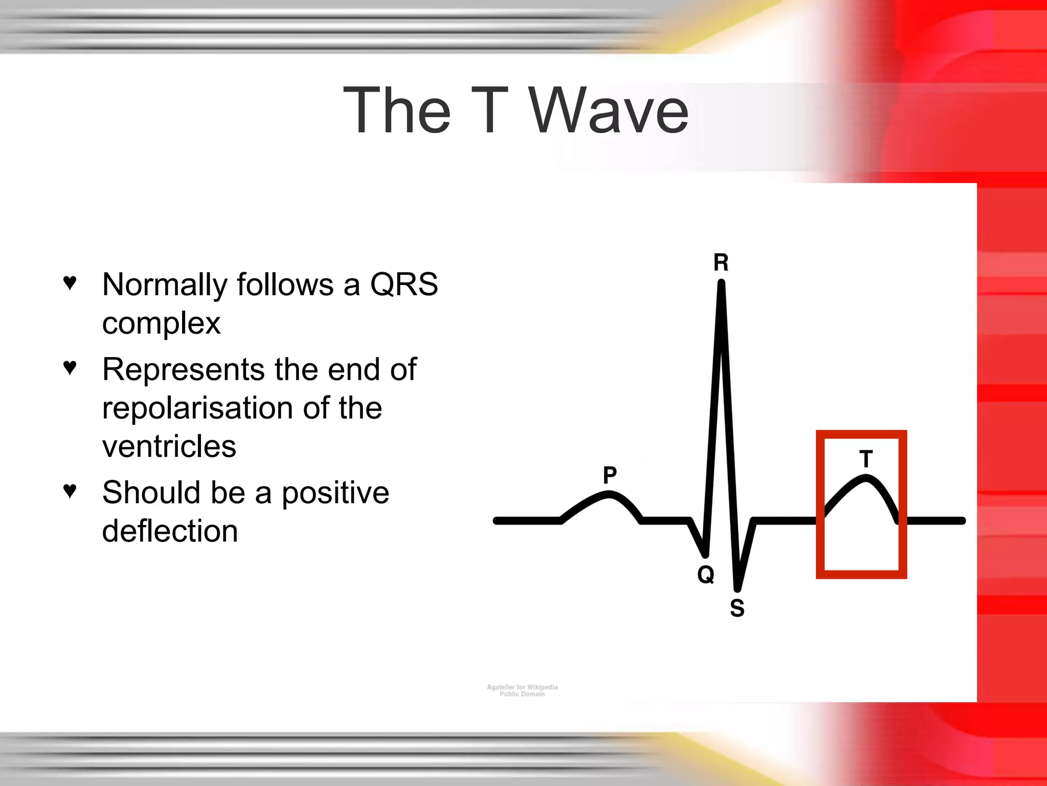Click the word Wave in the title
[608, 111]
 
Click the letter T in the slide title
[489, 111]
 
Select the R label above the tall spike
[721, 263]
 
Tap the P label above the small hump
[609, 475]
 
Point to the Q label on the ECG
[705, 574]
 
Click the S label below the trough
[737, 608]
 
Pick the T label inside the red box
[866, 459]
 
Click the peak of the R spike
[721, 283]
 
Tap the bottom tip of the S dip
[738, 588]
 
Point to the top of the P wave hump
[608, 494]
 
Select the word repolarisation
[197, 408]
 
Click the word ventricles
[169, 446]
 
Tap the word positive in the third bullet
[335, 492]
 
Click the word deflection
[170, 531]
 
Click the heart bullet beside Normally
[70, 282]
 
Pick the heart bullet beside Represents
[70, 367]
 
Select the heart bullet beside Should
[70, 490]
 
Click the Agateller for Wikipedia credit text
[522, 687]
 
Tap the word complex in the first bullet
[161, 323]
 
